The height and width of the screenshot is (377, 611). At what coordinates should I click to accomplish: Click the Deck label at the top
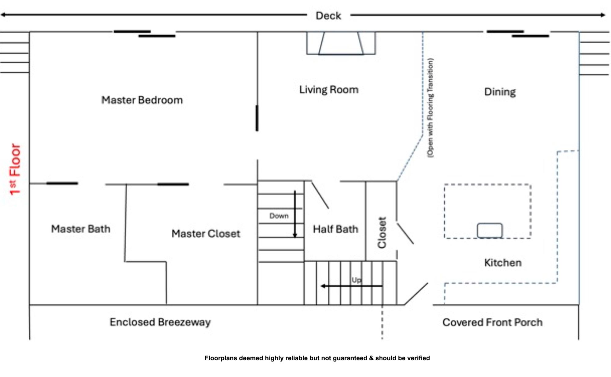click(x=328, y=16)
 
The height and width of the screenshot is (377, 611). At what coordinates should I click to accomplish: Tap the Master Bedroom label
click(x=142, y=100)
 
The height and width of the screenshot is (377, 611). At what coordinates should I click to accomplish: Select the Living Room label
click(x=329, y=90)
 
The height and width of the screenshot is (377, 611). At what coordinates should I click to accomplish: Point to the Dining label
click(x=500, y=92)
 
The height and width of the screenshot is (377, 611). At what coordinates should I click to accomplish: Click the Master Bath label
click(x=81, y=229)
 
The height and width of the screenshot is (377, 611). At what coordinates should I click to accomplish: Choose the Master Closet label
click(x=206, y=234)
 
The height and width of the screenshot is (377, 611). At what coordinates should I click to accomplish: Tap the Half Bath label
click(x=335, y=229)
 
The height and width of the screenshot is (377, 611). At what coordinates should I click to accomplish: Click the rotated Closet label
click(x=382, y=232)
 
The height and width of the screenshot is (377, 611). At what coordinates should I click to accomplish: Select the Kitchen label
click(x=503, y=263)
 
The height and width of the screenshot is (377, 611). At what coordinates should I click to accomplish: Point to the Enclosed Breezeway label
click(x=160, y=322)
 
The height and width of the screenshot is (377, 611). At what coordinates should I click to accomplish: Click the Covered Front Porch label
click(x=492, y=322)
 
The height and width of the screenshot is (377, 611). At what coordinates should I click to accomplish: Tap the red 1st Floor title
click(x=15, y=169)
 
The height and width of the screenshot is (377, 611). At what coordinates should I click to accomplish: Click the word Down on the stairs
click(x=279, y=216)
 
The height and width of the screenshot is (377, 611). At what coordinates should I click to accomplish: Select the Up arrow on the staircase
click(x=351, y=286)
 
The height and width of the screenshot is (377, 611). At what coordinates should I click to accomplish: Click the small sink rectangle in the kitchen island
click(x=490, y=230)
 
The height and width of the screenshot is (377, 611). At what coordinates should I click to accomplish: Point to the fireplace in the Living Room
click(x=341, y=43)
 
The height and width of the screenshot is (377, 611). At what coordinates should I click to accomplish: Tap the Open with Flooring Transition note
click(x=430, y=108)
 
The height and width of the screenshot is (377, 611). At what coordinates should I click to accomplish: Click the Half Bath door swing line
click(x=320, y=195)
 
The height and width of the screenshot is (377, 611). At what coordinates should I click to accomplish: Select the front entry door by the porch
click(x=416, y=294)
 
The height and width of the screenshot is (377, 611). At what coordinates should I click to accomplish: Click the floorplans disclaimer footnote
click(x=317, y=358)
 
